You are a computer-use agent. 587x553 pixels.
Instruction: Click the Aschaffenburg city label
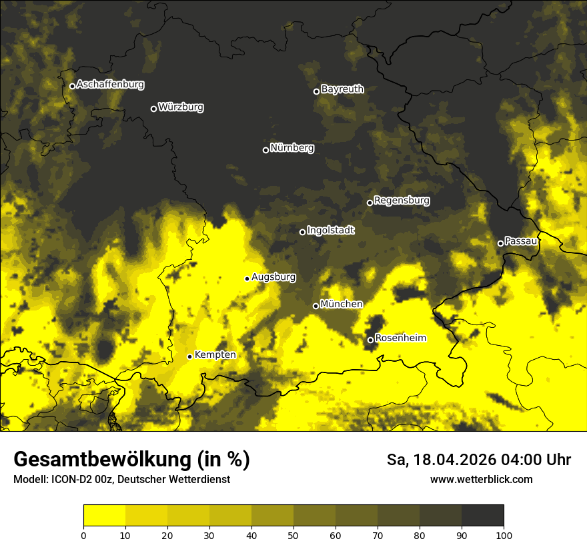110,85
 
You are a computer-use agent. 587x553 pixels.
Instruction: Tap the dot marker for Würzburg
153,109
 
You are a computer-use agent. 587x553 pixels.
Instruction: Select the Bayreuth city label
342,89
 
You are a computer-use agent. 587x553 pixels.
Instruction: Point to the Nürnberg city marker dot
265,150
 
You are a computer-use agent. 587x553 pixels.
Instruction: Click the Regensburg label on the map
402,200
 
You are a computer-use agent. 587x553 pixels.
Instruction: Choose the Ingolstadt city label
331,231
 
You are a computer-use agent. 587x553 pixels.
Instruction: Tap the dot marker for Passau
500,243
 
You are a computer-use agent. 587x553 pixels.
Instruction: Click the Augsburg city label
273,277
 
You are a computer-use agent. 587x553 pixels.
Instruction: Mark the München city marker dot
316,306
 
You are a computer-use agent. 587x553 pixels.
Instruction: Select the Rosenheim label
400,338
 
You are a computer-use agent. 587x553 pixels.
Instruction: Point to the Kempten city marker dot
189,356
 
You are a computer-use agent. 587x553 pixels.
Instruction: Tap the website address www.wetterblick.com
482,479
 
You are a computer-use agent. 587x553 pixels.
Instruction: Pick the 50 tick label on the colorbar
293,534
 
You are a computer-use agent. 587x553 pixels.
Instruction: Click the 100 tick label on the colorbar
504,534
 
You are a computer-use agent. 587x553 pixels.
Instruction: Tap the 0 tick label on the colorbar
83,534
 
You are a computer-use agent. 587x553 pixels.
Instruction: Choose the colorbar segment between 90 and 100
482,516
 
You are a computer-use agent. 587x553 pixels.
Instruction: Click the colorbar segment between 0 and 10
105,516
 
